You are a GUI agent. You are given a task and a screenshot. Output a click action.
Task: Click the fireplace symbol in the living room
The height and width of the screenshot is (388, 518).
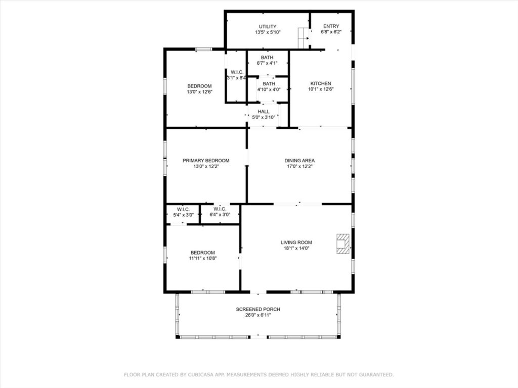(343, 243)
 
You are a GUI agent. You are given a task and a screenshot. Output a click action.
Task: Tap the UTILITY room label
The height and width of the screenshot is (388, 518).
(268, 26)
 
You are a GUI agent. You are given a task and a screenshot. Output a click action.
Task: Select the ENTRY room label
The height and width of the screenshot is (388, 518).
(331, 26)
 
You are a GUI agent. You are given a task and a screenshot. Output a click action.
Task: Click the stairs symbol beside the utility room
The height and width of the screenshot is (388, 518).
(303, 38)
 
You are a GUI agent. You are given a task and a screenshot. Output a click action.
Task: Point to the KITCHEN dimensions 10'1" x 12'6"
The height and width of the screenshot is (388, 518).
(321, 89)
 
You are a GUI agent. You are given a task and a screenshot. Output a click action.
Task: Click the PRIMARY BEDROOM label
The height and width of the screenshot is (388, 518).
(206, 161)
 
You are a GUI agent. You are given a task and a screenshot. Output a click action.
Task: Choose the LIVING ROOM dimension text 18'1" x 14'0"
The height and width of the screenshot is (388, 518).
(296, 248)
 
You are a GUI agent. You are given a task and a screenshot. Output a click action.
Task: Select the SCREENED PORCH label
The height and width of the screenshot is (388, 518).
(258, 309)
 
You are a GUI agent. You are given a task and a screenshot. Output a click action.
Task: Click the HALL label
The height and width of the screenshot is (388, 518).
(264, 111)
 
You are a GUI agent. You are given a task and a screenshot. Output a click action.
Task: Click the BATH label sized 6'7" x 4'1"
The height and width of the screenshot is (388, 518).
(267, 58)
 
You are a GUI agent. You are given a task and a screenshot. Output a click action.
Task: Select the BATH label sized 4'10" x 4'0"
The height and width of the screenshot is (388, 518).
(269, 84)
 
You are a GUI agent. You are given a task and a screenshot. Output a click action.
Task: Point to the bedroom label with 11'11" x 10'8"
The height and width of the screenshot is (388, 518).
(202, 253)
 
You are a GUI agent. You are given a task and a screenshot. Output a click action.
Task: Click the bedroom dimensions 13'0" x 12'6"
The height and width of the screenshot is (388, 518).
(199, 92)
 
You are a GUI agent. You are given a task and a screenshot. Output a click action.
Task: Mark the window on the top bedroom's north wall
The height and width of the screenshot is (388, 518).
(204, 49)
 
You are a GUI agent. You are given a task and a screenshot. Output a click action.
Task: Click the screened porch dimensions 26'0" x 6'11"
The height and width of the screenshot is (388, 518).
(258, 315)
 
